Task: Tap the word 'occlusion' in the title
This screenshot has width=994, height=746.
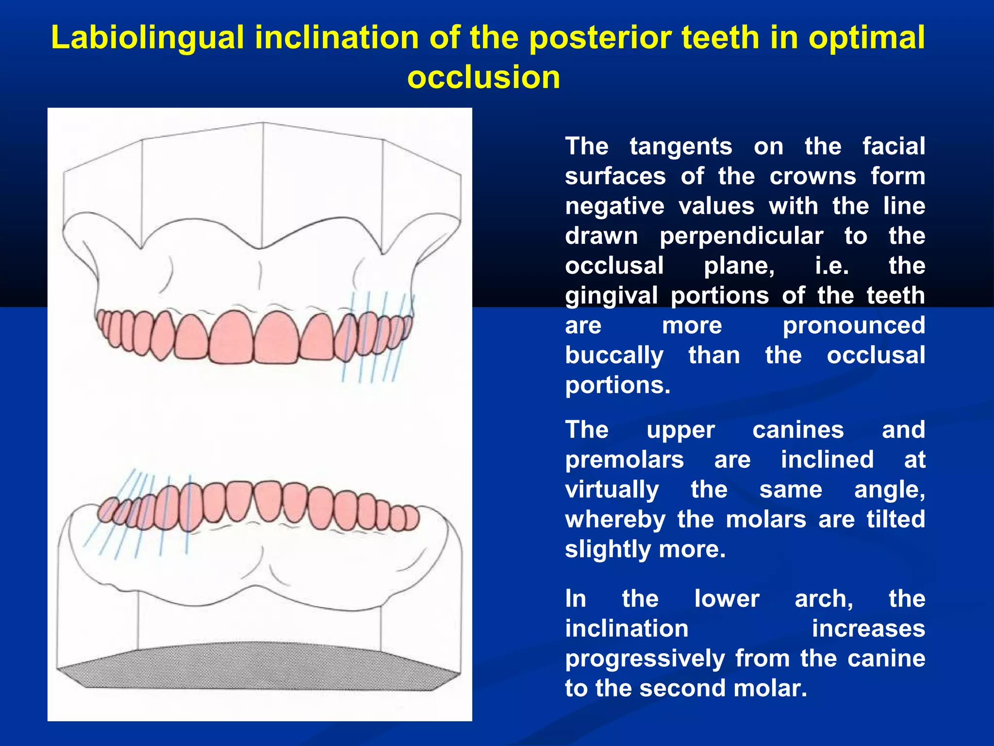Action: [483, 78]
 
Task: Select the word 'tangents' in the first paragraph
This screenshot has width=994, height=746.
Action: [680, 147]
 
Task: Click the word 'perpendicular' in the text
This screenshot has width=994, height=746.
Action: [741, 237]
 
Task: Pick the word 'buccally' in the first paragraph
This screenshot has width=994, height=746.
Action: [614, 356]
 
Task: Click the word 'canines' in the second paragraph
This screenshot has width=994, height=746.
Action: [798, 430]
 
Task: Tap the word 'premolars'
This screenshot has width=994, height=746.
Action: [624, 460]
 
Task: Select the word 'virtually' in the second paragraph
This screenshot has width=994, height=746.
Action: [612, 490]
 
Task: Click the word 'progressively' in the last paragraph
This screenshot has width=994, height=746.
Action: [645, 659]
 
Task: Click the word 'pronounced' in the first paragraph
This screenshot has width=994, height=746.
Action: [854, 326]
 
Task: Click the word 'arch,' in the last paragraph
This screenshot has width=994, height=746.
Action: [824, 599]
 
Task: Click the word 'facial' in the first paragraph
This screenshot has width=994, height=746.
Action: [894, 147]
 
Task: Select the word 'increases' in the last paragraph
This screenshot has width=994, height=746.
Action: [868, 629]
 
